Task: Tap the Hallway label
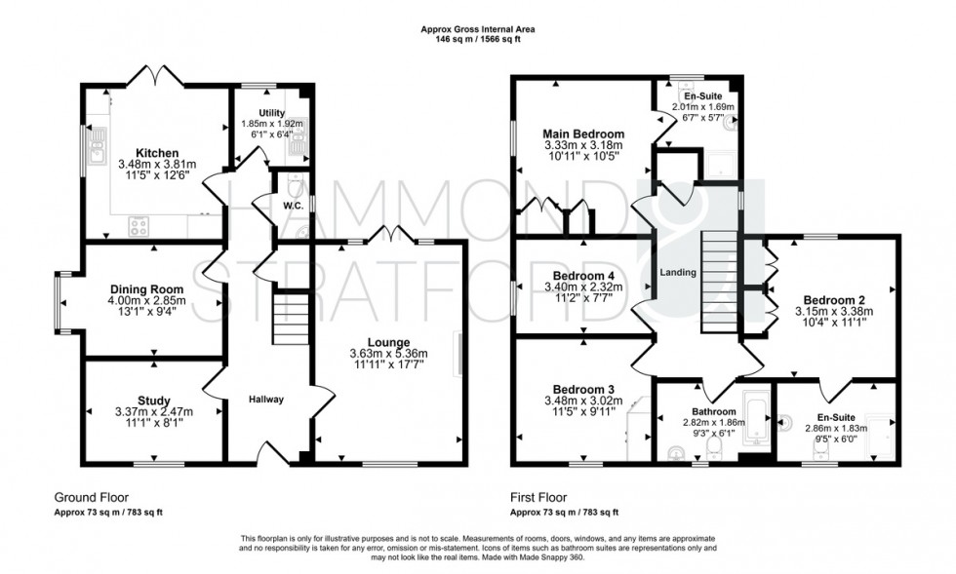click(265, 400)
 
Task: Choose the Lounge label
click(389, 342)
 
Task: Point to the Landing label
click(678, 273)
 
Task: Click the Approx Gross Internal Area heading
click(476, 30)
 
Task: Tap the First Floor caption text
click(541, 496)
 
